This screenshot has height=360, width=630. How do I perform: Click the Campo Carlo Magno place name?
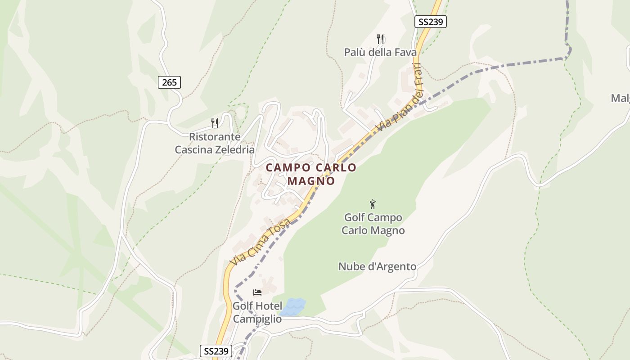[311, 174]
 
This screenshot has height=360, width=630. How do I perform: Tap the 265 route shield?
[170, 82]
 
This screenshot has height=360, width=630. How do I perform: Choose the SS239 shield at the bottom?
[216, 351]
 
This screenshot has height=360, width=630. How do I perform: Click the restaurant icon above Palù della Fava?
[381, 39]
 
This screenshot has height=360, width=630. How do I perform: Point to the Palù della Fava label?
[381, 52]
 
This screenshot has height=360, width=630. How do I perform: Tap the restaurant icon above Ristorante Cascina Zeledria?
[215, 123]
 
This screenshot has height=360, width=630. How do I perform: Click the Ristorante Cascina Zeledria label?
[215, 143]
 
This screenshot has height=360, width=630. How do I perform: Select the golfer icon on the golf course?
[373, 205]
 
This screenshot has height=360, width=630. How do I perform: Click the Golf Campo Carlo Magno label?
[373, 224]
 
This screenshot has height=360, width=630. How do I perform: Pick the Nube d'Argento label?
[377, 266]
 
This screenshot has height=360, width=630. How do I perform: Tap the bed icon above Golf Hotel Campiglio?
[257, 292]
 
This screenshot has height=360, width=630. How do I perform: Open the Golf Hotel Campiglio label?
[257, 312]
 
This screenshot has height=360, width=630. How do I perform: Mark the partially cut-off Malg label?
[621, 98]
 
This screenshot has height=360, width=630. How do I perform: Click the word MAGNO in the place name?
[311, 181]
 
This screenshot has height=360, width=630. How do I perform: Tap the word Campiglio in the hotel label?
[257, 319]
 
